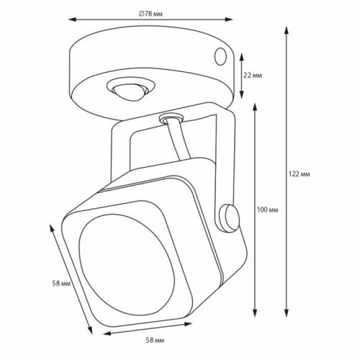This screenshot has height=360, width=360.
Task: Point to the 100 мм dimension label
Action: pyautogui.click(x=267, y=209)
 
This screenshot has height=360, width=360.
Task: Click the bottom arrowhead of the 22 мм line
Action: pyautogui.click(x=240, y=97)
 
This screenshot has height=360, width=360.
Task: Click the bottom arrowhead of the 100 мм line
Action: pyautogui.click(x=256, y=315)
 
